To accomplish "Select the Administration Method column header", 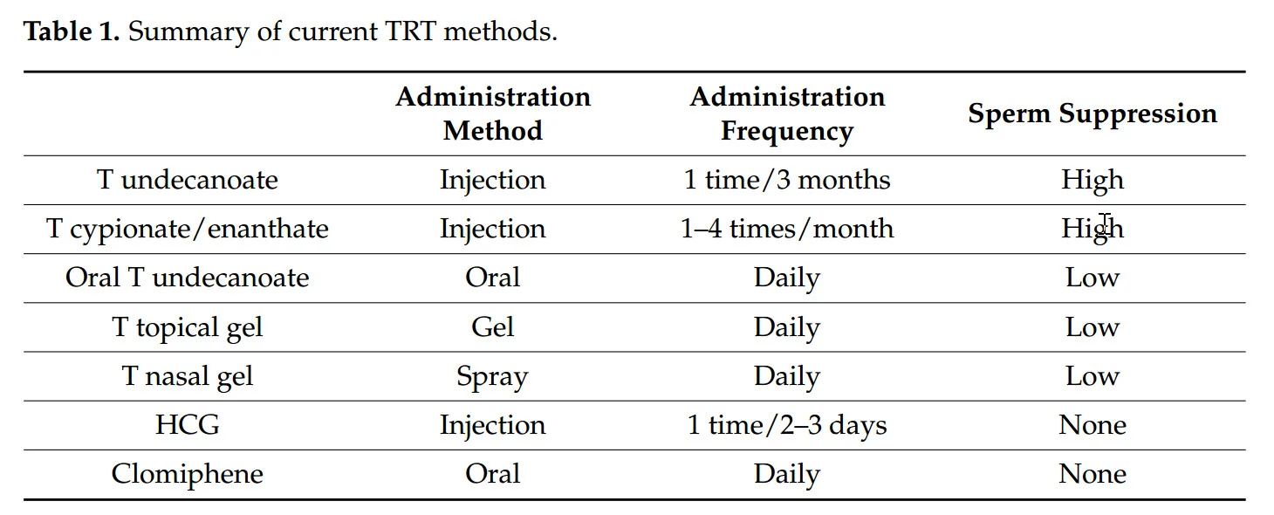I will (x=492, y=113).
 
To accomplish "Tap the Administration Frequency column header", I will (x=786, y=113).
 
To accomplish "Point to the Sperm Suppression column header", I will (x=1092, y=113).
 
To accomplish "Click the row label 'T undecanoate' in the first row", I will (x=187, y=180).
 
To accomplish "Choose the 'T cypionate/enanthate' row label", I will (x=187, y=229).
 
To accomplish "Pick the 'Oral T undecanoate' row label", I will (x=187, y=278).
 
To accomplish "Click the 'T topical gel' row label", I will (x=187, y=327).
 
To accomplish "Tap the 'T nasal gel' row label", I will (x=187, y=376).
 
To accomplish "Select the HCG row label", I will (x=187, y=425).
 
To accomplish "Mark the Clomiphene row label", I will (x=187, y=474).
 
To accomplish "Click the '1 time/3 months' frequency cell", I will (x=786, y=180).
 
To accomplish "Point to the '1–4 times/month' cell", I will (x=786, y=229).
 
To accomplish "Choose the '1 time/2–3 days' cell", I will (x=786, y=425).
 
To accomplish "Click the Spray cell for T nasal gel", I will (x=492, y=376).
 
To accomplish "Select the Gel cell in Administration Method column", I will (x=492, y=327).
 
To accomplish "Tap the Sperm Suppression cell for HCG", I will (x=1092, y=425).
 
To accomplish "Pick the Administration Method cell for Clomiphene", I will (x=492, y=474).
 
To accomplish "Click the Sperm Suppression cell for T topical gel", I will (x=1092, y=327).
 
